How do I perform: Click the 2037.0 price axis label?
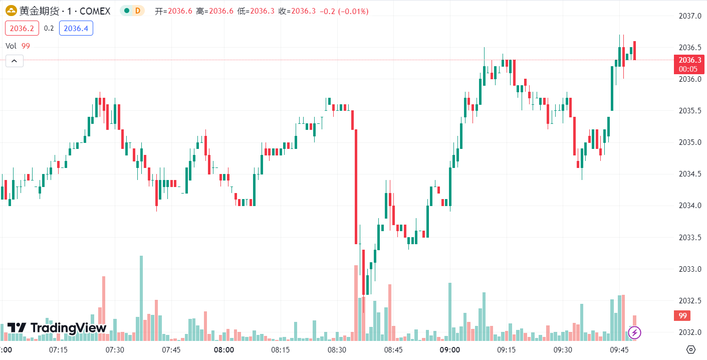690,17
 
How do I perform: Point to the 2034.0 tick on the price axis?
690,206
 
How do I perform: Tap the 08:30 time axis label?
337,349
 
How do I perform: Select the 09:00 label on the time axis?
450,349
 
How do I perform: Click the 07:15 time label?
59,349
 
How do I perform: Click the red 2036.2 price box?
22,29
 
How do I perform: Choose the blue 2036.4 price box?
76,29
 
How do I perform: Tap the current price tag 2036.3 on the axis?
690,60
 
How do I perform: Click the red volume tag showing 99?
682,316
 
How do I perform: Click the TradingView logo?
57,328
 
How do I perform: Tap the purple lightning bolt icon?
635,332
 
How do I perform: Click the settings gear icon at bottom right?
691,349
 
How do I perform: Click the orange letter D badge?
137,11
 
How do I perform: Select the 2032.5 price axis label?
690,301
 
